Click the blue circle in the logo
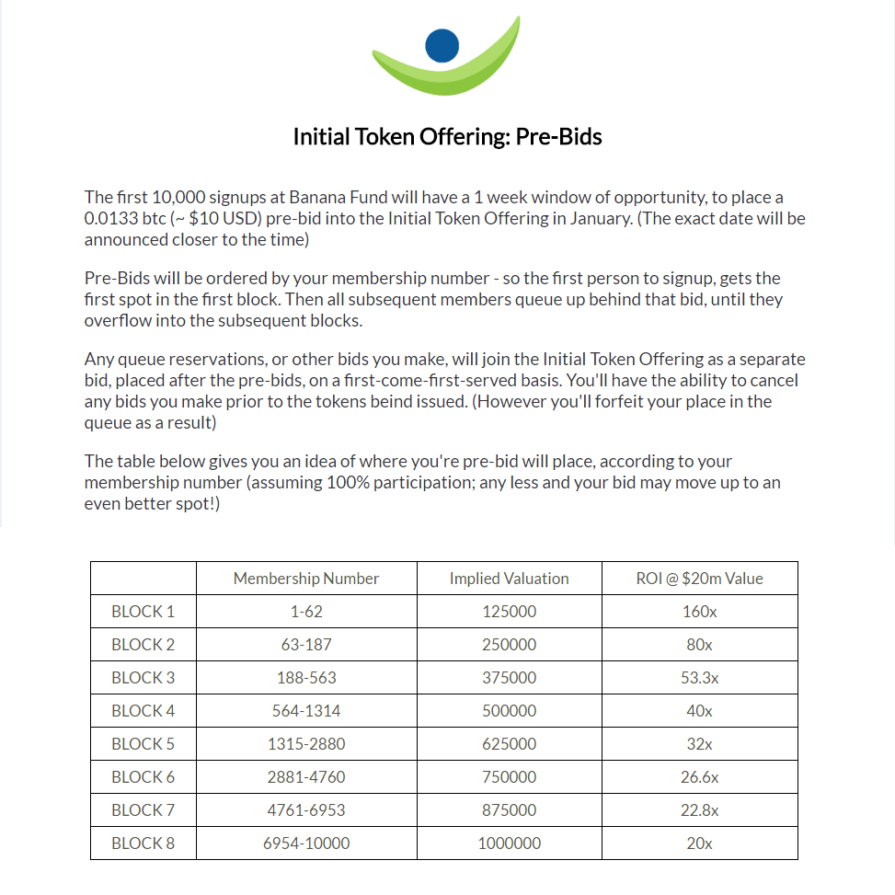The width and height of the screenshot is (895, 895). click(x=442, y=45)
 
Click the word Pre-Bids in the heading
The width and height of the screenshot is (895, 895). click(x=558, y=137)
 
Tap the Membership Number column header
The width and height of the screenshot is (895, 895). click(x=306, y=579)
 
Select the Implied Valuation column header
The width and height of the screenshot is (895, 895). click(x=509, y=579)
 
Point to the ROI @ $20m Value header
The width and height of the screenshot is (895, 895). click(x=699, y=579)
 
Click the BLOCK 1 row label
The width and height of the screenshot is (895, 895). click(x=143, y=612)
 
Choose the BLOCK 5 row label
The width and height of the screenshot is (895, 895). click(x=143, y=744)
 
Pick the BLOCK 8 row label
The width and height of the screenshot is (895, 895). click(x=143, y=843)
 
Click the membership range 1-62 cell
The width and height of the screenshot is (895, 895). click(x=306, y=612)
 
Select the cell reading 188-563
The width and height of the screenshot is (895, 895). click(x=306, y=678)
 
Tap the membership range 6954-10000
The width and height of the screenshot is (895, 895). click(x=306, y=843)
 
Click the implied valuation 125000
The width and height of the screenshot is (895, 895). click(x=509, y=612)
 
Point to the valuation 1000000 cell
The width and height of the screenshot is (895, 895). click(x=509, y=843)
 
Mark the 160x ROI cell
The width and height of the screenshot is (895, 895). click(x=699, y=612)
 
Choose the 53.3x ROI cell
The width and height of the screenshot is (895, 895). click(x=699, y=678)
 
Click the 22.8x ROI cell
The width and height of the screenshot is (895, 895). click(x=699, y=810)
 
